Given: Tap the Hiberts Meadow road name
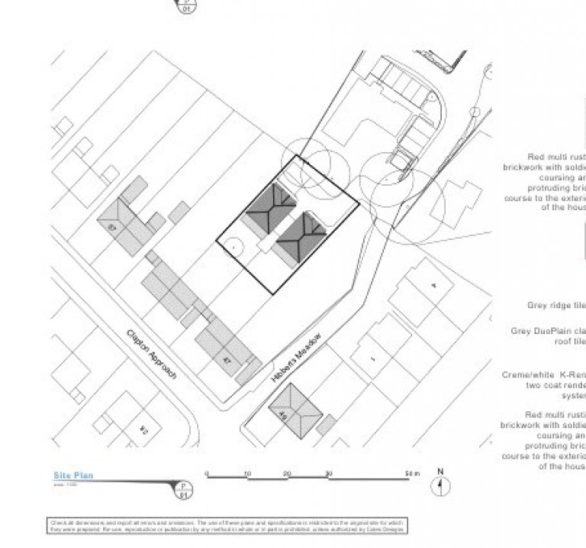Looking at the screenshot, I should pyautogui.click(x=297, y=358).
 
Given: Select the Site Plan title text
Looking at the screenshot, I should pyautogui.click(x=73, y=475).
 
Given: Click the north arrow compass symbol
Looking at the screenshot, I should pyautogui.click(x=440, y=485).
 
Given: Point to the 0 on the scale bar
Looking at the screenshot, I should pyautogui.click(x=207, y=474).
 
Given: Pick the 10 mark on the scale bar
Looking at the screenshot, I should pyautogui.click(x=247, y=474).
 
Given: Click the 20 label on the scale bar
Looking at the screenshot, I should pyautogui.click(x=288, y=474).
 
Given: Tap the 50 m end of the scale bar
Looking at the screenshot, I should pyautogui.click(x=411, y=474).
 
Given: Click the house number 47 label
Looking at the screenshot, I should pyautogui.click(x=227, y=359).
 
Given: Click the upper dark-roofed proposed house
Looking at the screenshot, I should pyautogui.click(x=269, y=206).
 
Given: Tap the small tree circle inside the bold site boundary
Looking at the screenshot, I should pyautogui.click(x=233, y=247).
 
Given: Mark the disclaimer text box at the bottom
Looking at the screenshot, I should pyautogui.click(x=227, y=526).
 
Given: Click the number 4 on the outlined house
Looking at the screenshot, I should pyautogui.click(x=433, y=285).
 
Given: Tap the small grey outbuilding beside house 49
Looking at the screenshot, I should pyautogui.click(x=325, y=425).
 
